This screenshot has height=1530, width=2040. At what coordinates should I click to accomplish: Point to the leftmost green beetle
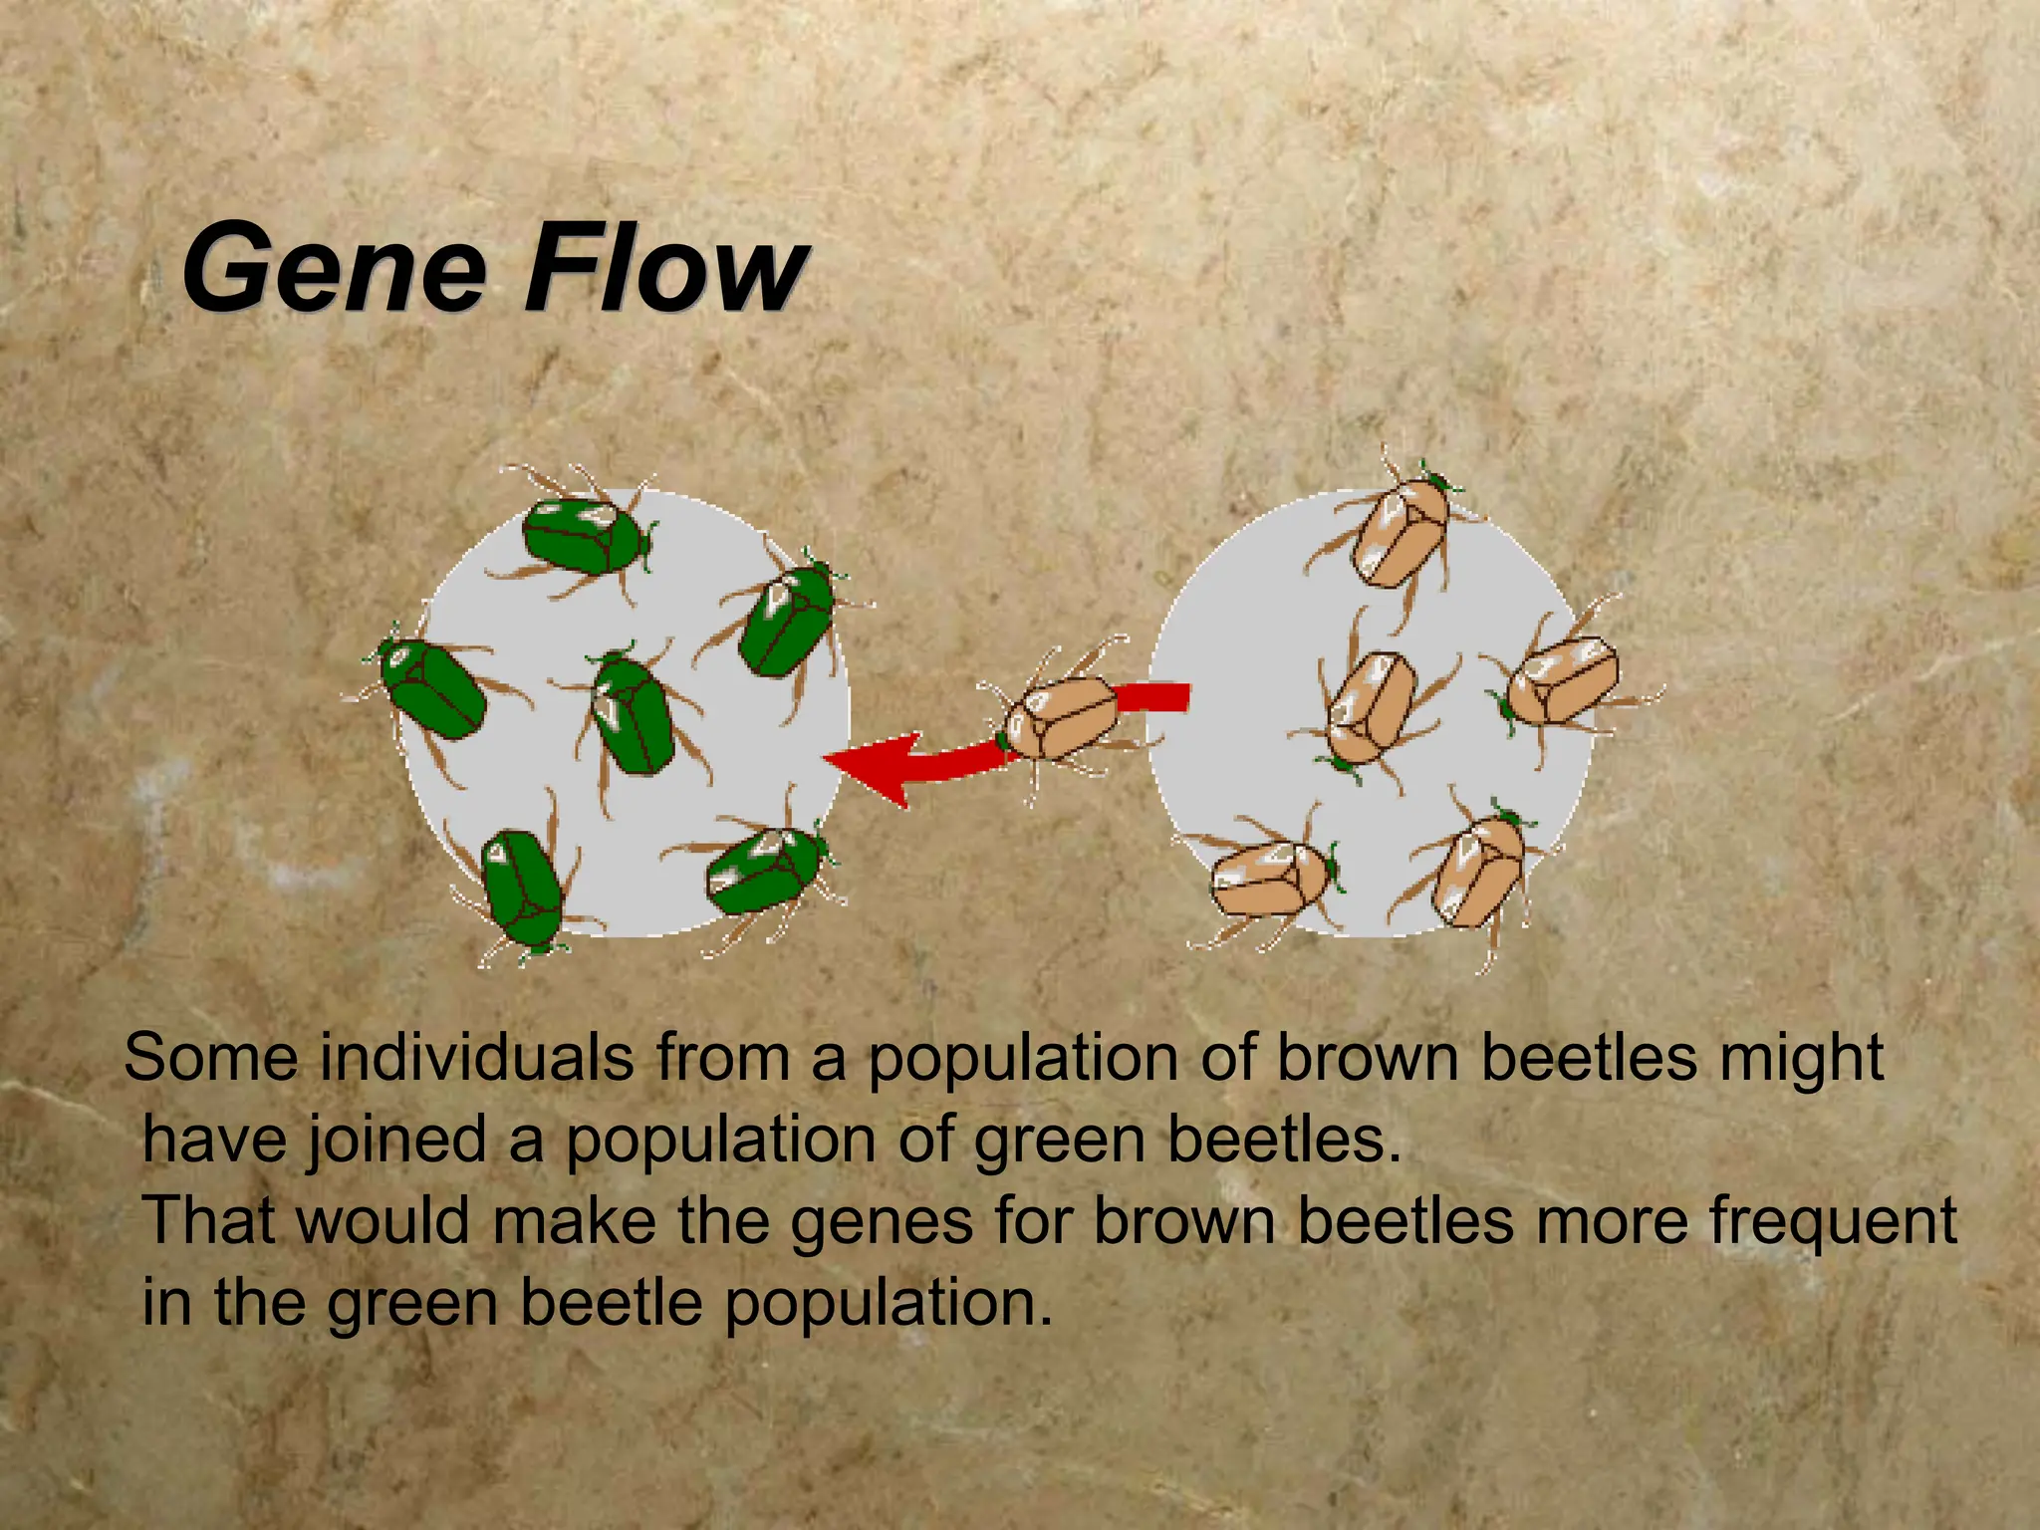coord(434,687)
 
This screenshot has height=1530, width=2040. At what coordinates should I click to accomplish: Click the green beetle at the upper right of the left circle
coord(787,619)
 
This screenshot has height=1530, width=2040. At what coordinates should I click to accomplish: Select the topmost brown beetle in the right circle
coord(1402,529)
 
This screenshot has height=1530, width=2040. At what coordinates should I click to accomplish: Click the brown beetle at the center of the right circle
coord(1372,707)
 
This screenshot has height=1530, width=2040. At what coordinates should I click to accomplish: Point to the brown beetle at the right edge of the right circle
coord(1561,681)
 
